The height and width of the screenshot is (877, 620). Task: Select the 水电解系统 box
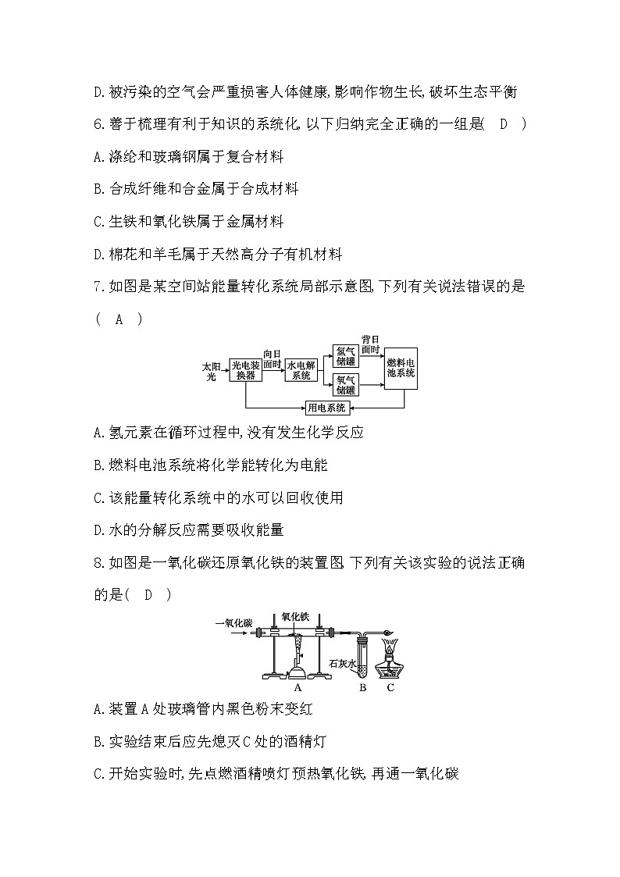[x=301, y=370]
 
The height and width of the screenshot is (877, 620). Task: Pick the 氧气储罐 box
[x=345, y=384]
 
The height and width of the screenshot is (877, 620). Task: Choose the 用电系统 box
[x=327, y=407]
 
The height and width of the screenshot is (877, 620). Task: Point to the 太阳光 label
[x=211, y=370]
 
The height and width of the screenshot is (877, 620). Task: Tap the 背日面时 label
[x=370, y=344]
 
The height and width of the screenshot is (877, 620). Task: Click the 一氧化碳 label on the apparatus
[x=236, y=622]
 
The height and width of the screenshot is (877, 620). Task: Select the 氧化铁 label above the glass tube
[x=295, y=616]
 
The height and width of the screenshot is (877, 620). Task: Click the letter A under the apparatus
[x=298, y=688]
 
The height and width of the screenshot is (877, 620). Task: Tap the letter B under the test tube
[x=362, y=688]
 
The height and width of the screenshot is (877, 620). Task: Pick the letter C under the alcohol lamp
[x=390, y=688]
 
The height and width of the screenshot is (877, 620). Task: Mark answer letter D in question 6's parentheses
[x=504, y=124]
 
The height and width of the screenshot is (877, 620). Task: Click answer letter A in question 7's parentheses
[x=119, y=319]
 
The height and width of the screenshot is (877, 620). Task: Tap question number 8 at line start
[x=98, y=562]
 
